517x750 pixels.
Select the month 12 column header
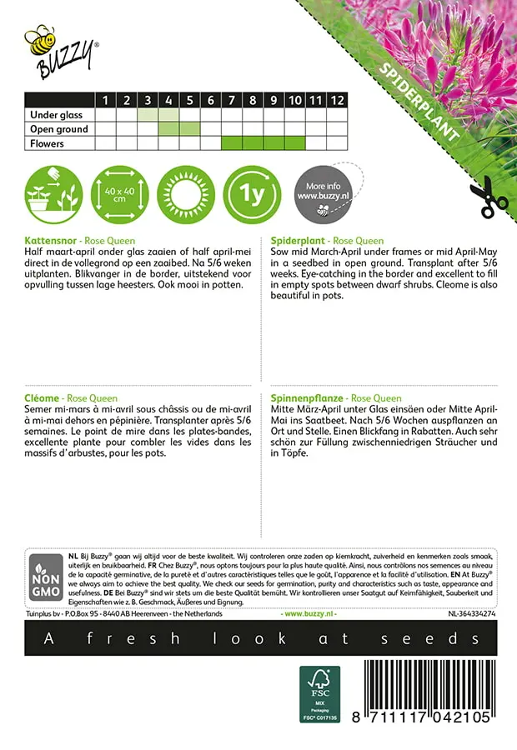tap(336, 100)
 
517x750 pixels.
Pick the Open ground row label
tap(58, 129)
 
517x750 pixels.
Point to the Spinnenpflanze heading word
tap(305, 398)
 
